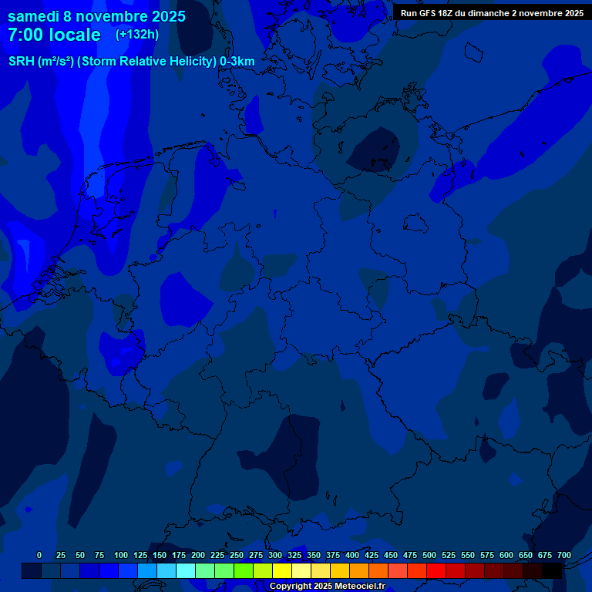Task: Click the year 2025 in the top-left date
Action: (163, 16)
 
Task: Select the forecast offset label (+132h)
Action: (136, 35)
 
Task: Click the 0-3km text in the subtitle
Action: (237, 62)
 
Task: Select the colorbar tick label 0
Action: (39, 555)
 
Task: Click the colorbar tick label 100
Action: (121, 555)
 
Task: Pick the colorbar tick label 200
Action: (198, 555)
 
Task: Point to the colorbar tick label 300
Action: (275, 555)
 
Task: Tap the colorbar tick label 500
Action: (429, 555)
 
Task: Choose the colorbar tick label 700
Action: (564, 555)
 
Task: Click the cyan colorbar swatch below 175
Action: (186, 570)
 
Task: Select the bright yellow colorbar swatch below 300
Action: (282, 570)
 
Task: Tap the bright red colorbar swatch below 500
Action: (436, 570)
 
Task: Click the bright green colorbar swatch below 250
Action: (244, 570)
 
